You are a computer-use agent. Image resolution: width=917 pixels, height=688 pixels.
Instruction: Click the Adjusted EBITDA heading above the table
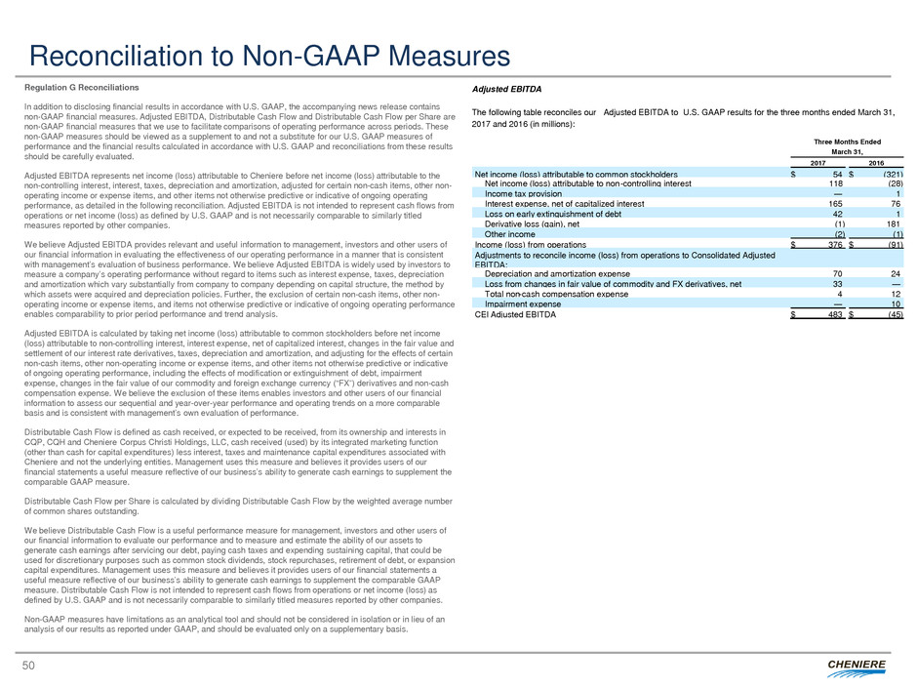[x=506, y=89]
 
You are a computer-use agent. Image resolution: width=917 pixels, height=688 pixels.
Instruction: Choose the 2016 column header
[x=875, y=163]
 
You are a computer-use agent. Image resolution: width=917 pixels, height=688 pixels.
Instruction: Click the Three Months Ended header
[x=846, y=141]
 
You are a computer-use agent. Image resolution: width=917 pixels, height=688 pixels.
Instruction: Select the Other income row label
[x=509, y=234]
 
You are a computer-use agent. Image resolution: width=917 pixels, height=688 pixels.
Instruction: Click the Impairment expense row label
[x=522, y=304]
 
